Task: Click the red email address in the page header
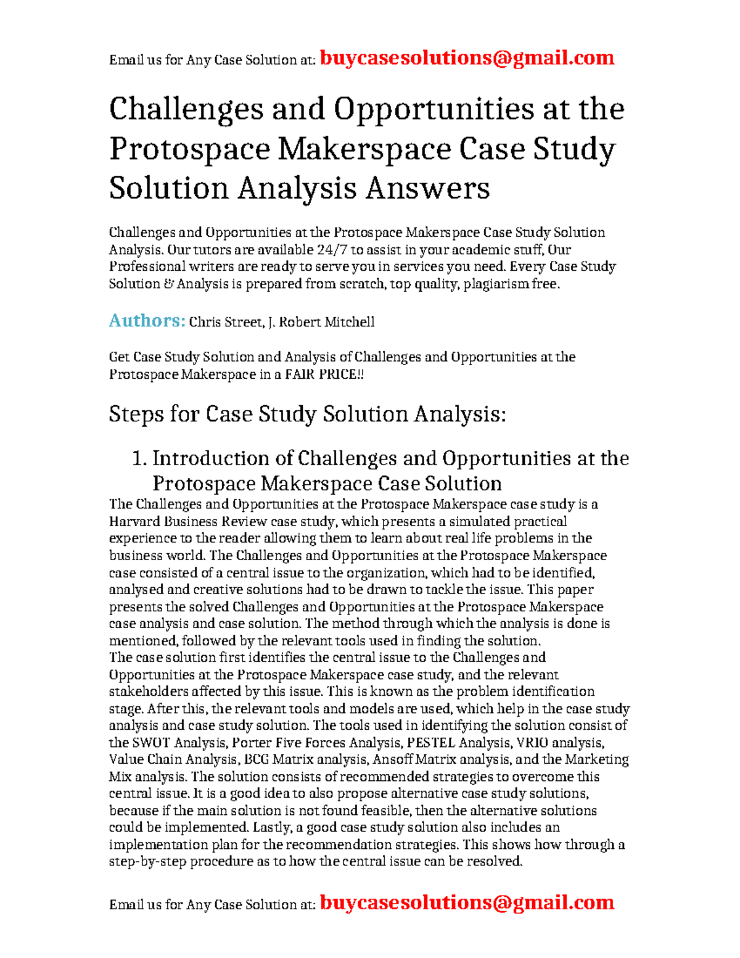point(467,58)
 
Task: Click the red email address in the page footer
point(467,902)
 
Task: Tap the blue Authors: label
point(147,321)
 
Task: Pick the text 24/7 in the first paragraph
point(332,250)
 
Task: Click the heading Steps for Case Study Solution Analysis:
point(307,414)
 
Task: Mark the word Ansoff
point(393,759)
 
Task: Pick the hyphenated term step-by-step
point(147,862)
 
